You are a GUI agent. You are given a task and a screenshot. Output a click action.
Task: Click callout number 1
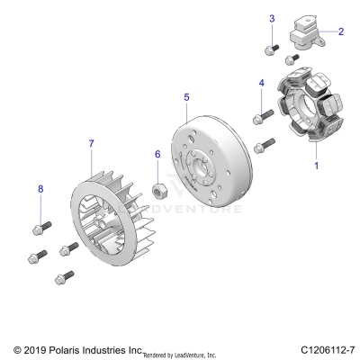pos(315,166)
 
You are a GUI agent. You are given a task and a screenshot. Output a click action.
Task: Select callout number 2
pos(341,31)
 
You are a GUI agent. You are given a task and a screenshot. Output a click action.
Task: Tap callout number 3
pos(271,19)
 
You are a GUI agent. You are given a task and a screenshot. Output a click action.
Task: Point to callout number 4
pos(261,83)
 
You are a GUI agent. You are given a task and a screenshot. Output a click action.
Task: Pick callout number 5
pos(186,95)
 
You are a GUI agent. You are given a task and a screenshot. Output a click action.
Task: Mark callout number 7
pos(90,143)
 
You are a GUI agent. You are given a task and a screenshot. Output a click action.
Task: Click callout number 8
pos(40,188)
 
